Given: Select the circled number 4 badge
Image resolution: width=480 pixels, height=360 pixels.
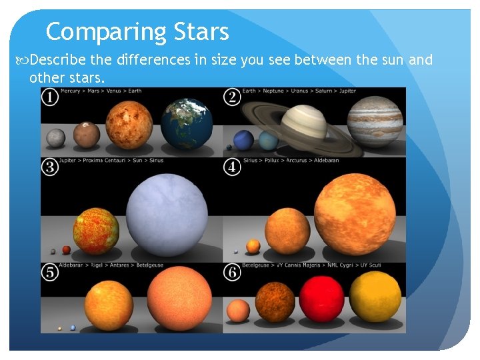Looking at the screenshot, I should coord(233,167).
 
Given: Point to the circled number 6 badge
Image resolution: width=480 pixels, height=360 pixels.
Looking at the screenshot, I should coord(233,272).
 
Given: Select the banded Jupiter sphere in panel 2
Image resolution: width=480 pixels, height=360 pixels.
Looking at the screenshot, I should coord(376,121).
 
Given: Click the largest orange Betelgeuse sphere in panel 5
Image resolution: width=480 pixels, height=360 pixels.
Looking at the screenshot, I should coord(179,297).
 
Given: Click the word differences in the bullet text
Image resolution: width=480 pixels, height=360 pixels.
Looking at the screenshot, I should coord(154,61).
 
